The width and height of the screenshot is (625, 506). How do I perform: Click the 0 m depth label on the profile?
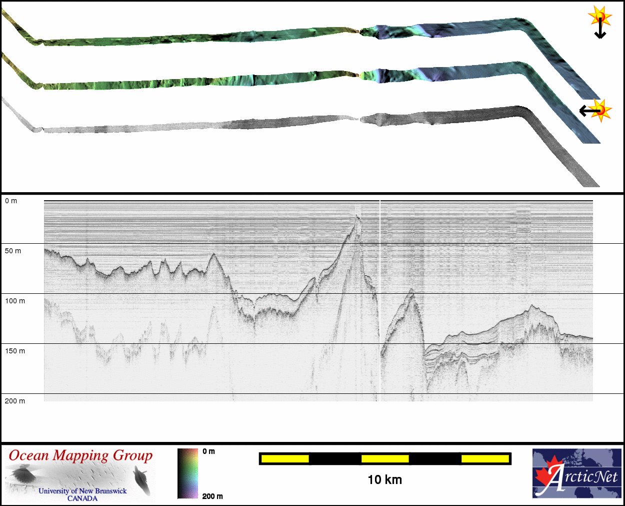point(11,201)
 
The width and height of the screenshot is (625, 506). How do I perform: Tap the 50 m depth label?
point(13,251)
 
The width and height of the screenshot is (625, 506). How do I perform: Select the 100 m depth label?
point(15,301)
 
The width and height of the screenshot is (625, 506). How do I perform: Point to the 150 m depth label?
point(15,351)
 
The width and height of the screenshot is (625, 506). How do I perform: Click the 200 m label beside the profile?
point(15,401)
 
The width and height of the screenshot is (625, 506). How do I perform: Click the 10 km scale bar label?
point(384,480)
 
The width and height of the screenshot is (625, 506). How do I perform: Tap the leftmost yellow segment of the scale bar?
point(285,459)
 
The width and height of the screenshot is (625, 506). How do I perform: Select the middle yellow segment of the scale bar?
point(385,459)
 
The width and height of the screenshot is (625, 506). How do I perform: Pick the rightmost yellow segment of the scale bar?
point(485,459)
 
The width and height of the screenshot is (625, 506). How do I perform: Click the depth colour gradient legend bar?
point(188,473)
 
